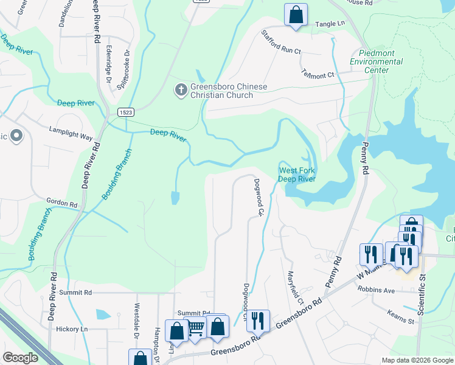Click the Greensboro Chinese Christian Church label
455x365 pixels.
229,91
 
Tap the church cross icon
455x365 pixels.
181,91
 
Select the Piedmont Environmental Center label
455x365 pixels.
376,61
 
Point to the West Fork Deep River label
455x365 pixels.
297,175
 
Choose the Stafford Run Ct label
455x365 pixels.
281,43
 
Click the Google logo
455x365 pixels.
20,358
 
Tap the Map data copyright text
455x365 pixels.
417,360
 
